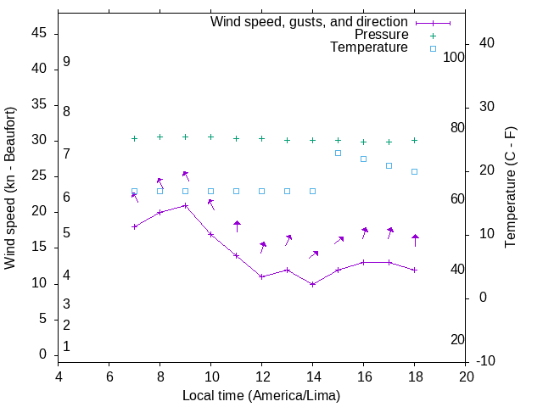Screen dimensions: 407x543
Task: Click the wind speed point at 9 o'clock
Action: click(x=185, y=205)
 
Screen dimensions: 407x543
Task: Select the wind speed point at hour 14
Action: click(x=312, y=284)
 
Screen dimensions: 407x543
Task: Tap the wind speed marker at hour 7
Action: click(x=134, y=226)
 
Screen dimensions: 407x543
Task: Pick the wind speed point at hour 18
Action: click(x=414, y=270)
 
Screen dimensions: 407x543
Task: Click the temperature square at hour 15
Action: click(x=338, y=153)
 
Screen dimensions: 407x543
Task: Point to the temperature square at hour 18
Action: click(x=414, y=171)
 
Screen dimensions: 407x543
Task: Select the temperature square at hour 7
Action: click(x=134, y=191)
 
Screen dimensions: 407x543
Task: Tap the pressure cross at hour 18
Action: click(x=414, y=140)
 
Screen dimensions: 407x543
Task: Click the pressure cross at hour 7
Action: click(x=134, y=138)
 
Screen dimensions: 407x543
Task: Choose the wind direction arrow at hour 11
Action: click(x=237, y=226)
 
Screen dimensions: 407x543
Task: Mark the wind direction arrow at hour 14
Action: click(x=313, y=254)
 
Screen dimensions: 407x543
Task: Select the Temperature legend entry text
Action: click(x=369, y=48)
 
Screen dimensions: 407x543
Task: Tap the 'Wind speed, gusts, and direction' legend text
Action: click(x=309, y=21)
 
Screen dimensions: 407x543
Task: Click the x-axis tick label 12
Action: click(x=261, y=377)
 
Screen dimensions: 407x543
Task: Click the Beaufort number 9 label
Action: click(x=66, y=62)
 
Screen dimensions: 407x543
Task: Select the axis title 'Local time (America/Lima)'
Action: click(x=261, y=395)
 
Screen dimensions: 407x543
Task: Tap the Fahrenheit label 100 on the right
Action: click(x=454, y=57)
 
